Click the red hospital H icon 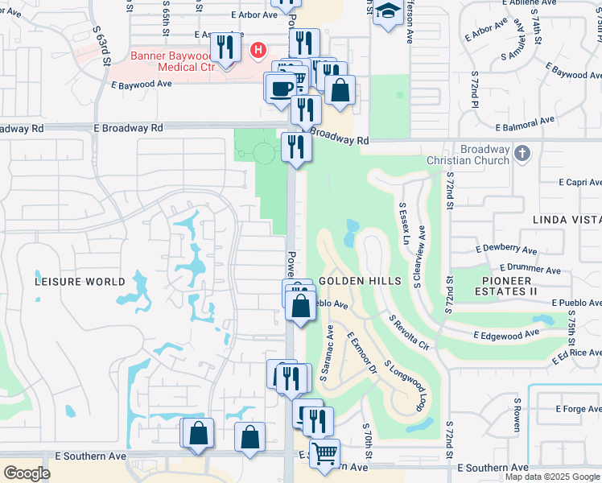coord(258,50)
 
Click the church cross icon coord(522,152)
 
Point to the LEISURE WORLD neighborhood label coord(80,282)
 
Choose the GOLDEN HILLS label coord(360,281)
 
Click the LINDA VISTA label coord(567,220)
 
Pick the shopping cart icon coord(324,452)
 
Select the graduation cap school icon coord(387,11)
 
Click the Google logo coord(27,473)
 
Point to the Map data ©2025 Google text coord(551,477)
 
